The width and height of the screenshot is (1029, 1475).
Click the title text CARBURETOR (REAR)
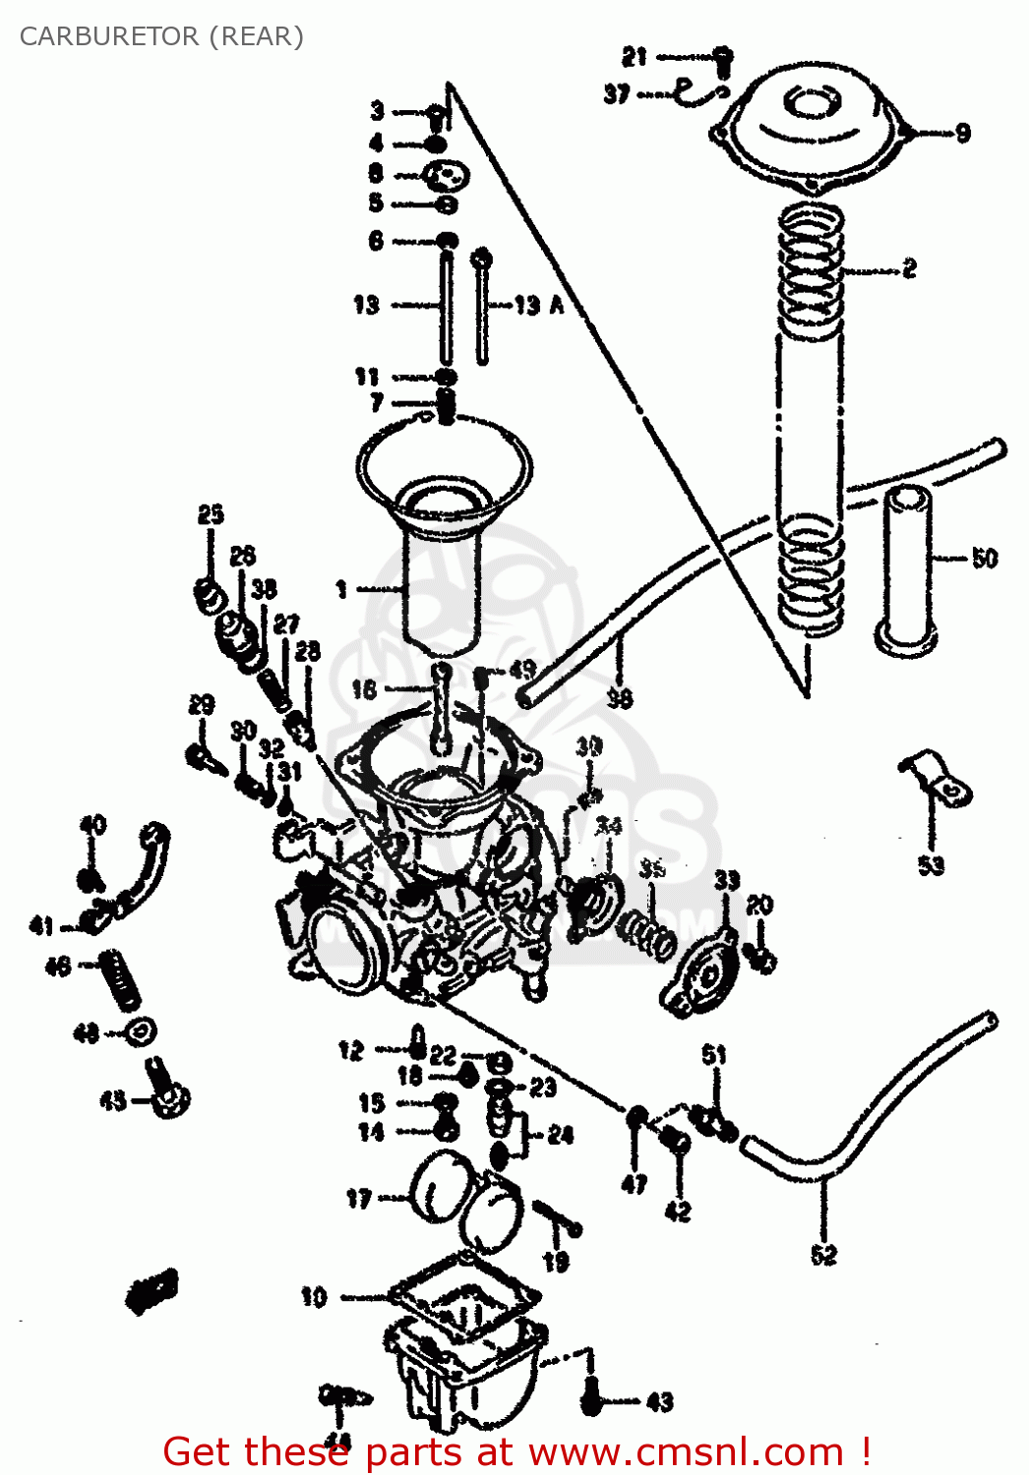161,36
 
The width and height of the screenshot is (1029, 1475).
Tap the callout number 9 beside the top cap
962,133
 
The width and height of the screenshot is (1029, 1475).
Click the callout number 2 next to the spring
909,267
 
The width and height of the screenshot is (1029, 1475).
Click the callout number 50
984,559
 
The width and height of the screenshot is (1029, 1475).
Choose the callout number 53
931,865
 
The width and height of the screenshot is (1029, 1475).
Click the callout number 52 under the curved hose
823,1254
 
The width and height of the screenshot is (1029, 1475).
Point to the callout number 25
211,514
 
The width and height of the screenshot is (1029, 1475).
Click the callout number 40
92,824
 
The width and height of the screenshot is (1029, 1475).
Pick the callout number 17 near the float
358,1199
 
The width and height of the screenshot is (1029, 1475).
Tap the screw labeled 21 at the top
722,60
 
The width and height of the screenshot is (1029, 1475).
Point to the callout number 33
726,880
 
